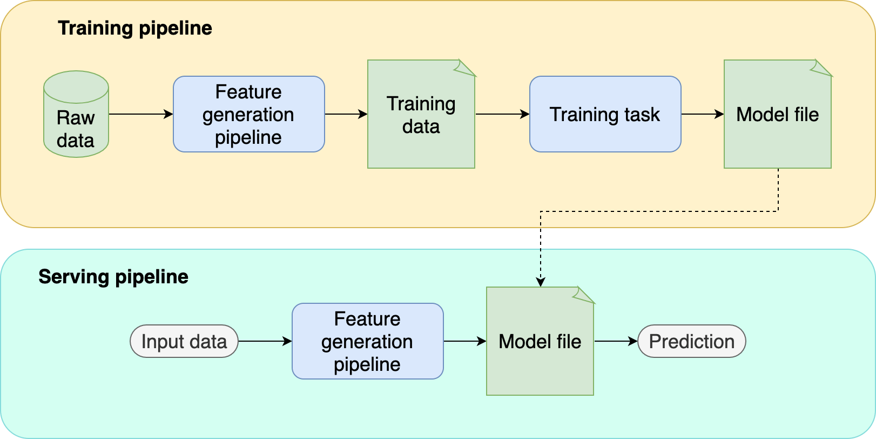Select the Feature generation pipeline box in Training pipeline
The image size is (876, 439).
click(x=248, y=114)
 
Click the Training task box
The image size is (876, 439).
click(x=605, y=114)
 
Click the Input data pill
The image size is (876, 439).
click(x=184, y=341)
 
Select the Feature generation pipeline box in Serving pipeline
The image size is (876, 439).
click(x=367, y=341)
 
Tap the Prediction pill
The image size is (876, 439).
click(x=691, y=341)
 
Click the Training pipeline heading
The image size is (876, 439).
click(x=135, y=28)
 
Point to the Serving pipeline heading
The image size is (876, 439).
click(x=113, y=277)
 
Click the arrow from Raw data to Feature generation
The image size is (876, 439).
click(x=140, y=114)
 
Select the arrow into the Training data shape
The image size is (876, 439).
click(x=346, y=114)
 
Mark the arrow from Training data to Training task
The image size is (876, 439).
click(x=502, y=114)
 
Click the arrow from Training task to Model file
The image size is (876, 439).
click(x=702, y=114)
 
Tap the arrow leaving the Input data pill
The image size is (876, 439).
click(x=265, y=341)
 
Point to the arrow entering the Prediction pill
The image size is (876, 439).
click(x=616, y=341)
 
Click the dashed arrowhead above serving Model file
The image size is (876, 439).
click(x=541, y=282)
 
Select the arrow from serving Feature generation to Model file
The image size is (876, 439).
click(x=464, y=341)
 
